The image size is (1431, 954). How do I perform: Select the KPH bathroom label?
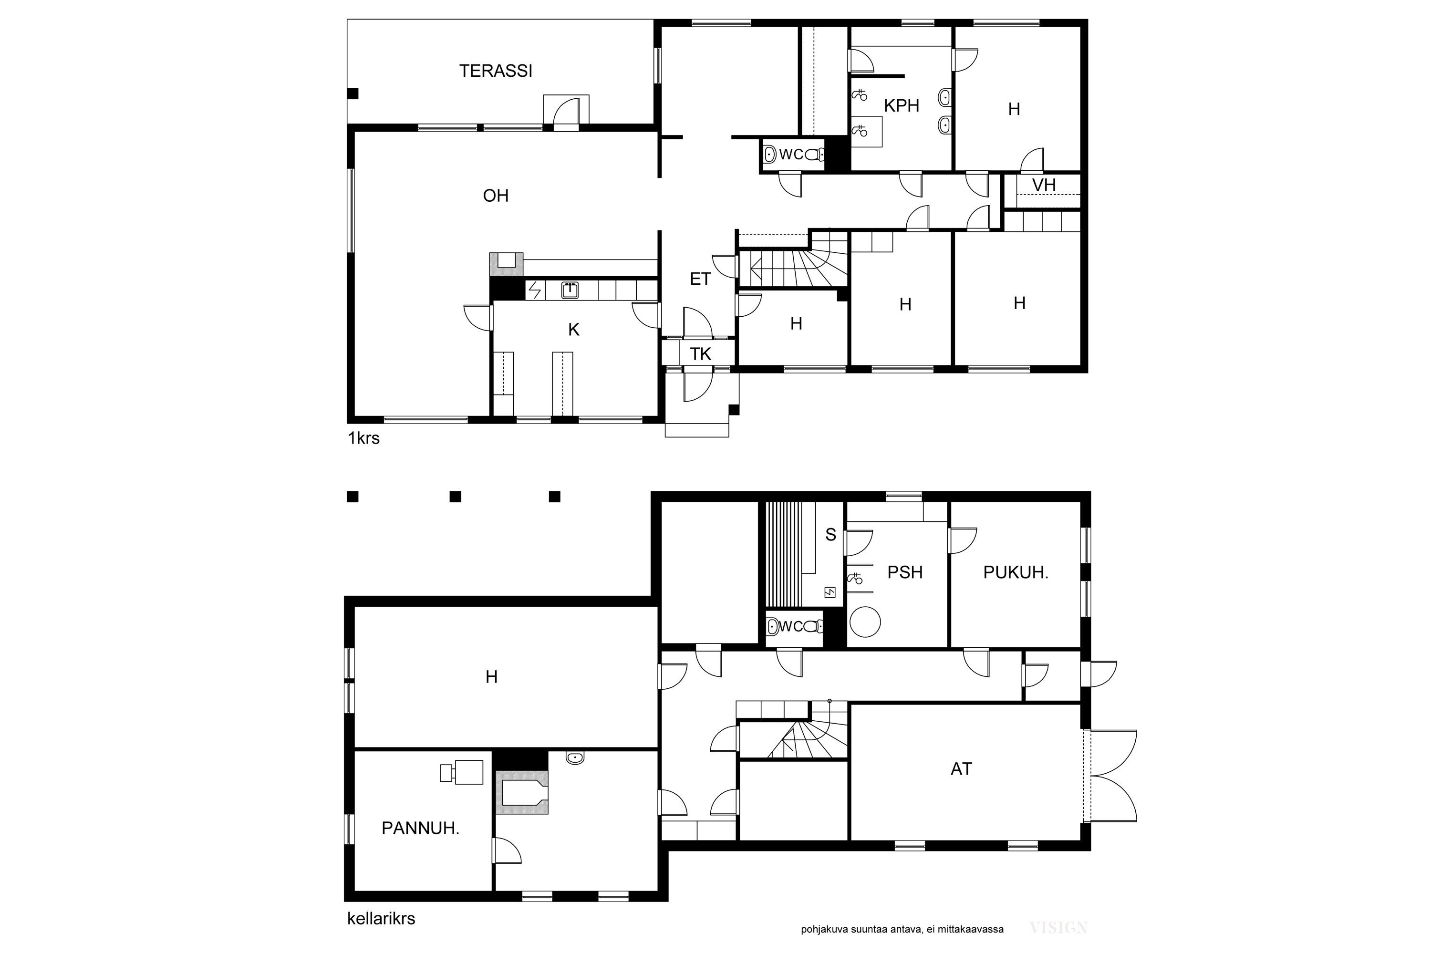pyautogui.click(x=901, y=106)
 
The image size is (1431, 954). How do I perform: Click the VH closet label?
pyautogui.click(x=1044, y=185)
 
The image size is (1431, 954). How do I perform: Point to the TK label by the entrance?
pyautogui.click(x=700, y=354)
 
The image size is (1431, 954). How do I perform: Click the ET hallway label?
pyautogui.click(x=700, y=279)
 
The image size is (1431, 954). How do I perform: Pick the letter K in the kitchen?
pyautogui.click(x=573, y=330)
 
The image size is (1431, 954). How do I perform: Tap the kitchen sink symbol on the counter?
pyautogui.click(x=570, y=290)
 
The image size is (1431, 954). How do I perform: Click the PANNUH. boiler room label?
pyautogui.click(x=420, y=828)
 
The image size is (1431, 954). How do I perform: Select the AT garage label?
pyautogui.click(x=961, y=769)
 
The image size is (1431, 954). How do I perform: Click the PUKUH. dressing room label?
pyautogui.click(x=1016, y=572)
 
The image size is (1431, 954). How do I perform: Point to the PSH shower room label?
pyautogui.click(x=905, y=572)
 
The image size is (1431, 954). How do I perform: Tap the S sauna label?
pyautogui.click(x=830, y=535)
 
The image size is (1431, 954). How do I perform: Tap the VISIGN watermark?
pyautogui.click(x=1058, y=928)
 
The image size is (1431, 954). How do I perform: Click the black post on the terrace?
pyautogui.click(x=353, y=93)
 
